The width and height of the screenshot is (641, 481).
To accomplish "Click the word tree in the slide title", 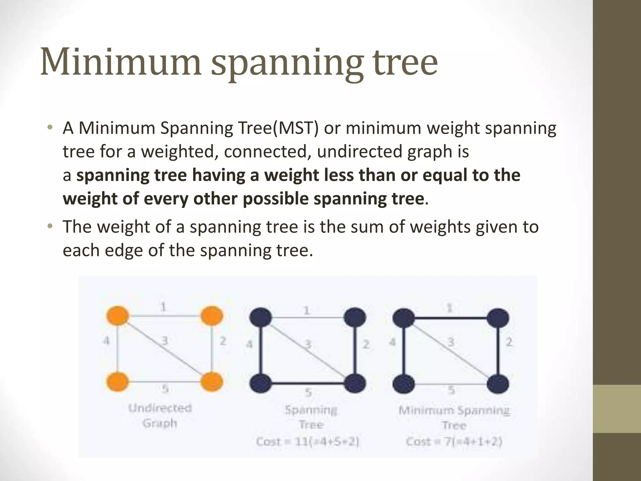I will coord(404,63).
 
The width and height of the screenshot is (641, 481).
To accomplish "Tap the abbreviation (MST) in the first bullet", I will coord(296,128).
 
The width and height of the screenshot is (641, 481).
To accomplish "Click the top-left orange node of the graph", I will coord(117,316).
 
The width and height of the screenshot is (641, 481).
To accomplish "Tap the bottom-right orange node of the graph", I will coord(212,382).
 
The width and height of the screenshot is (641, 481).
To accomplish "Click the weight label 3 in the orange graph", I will coord(164,340).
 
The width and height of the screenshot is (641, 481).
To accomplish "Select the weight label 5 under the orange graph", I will coord(165,389).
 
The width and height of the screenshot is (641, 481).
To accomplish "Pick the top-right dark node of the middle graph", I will coord(355,318).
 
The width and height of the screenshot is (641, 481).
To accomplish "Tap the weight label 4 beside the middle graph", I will coord(249,344).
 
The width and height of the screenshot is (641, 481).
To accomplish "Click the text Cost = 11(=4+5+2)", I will coord(307,442).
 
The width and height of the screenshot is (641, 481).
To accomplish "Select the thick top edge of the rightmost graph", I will coord(451,318).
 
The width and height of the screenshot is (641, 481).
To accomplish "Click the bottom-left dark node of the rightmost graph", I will coord(404,384).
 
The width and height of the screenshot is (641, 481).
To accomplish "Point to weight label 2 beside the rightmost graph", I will coord(509,342).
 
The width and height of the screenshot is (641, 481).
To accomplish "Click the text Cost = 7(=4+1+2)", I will coord(454,442).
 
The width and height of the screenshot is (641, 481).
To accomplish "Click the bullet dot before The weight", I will coord(49,226).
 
